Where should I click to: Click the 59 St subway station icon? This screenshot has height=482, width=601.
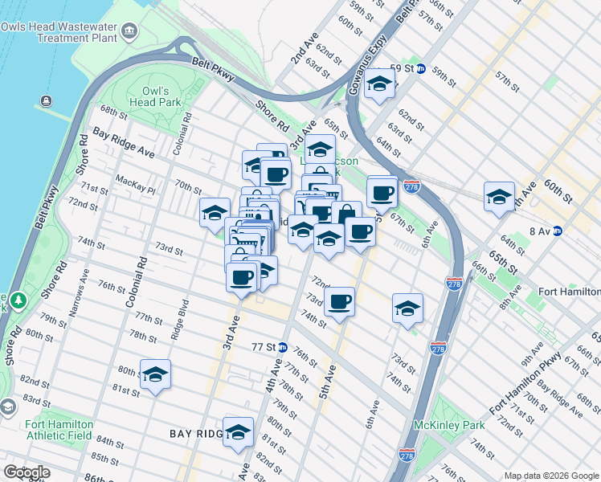[x=420, y=69]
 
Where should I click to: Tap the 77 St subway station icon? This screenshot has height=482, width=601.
[x=282, y=347]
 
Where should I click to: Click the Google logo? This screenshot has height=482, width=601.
[x=26, y=472]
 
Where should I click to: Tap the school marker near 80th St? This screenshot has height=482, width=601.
[x=156, y=375]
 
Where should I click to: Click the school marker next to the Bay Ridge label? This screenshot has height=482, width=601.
[x=239, y=434]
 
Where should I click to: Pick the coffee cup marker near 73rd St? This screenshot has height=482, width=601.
[x=340, y=302]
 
